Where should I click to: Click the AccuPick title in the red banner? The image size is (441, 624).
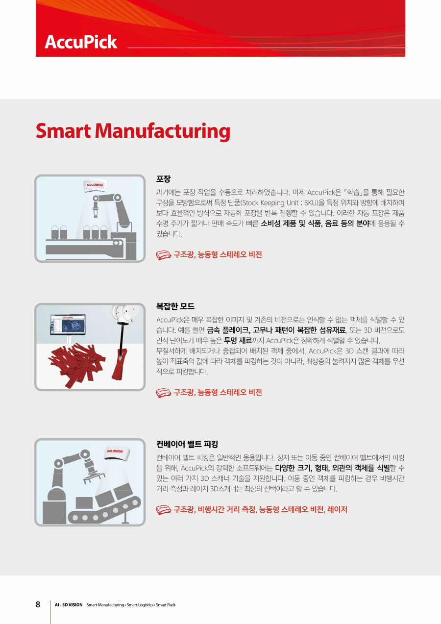[x=81, y=42]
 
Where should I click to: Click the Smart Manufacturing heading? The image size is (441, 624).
[x=133, y=131]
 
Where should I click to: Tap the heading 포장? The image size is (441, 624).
[x=163, y=179]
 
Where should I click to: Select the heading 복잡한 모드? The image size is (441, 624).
[x=175, y=306]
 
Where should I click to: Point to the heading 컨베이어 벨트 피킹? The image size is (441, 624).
[x=187, y=444]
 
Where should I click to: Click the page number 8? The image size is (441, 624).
[x=38, y=604]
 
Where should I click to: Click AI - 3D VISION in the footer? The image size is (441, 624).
[x=69, y=605]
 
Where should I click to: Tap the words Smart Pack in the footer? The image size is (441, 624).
[x=166, y=605]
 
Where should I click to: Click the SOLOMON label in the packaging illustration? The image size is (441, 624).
[x=95, y=185]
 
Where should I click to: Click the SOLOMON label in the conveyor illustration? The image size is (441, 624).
[x=115, y=451]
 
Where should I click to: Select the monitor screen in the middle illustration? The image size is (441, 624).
[x=68, y=324]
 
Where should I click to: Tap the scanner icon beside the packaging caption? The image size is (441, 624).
[x=164, y=255]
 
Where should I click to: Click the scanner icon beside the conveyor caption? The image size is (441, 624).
[x=164, y=510]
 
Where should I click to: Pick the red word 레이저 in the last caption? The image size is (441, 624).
[x=337, y=509]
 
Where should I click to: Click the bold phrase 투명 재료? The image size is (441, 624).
[x=238, y=340]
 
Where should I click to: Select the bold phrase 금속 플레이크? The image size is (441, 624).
[x=227, y=330]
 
